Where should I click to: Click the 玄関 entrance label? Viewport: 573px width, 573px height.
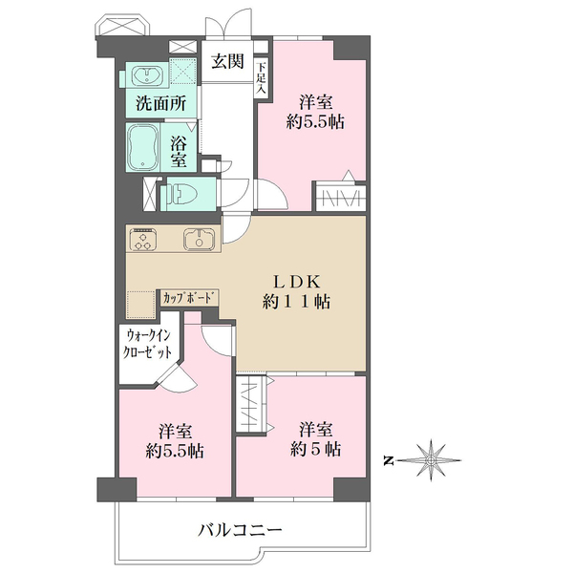pos(226,62)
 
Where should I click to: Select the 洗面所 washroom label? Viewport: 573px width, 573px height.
pos(159,104)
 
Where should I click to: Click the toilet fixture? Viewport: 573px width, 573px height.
pos(181,195)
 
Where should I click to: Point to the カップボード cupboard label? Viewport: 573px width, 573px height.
pos(188,298)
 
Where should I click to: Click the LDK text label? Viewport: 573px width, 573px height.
pos(302,281)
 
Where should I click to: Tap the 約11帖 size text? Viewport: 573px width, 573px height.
pos(302,302)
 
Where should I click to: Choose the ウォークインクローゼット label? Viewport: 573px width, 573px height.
pos(151,343)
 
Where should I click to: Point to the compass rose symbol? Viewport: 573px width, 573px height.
pos(433,460)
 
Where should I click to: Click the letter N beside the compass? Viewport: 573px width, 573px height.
pos(390,461)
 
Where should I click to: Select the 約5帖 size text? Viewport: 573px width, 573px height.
pos(316,449)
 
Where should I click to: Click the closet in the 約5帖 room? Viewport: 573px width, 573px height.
pos(249,405)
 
